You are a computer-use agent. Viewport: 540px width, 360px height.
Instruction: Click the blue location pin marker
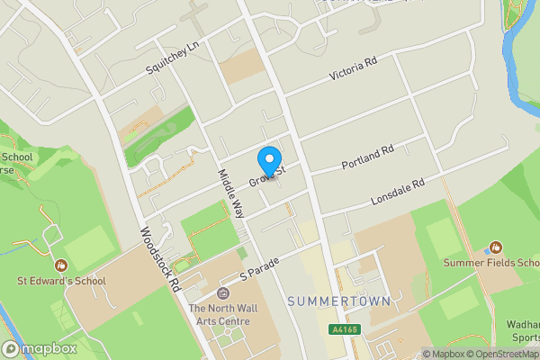coord(268,161)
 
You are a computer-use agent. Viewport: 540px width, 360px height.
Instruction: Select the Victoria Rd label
coord(353,64)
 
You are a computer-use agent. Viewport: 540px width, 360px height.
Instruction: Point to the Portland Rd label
coord(368,158)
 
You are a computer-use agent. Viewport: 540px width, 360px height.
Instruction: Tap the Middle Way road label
coord(231,193)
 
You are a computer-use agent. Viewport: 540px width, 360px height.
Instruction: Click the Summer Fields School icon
coord(495,247)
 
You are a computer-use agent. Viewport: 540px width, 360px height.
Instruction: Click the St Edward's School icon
coord(61,265)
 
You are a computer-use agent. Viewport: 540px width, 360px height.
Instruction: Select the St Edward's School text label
coord(61,281)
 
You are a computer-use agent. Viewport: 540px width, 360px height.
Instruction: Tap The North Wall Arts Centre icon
coord(224,294)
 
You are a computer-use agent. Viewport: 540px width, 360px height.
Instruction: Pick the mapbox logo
coord(39,348)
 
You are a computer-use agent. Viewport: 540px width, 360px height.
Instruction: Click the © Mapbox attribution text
coord(444,354)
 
